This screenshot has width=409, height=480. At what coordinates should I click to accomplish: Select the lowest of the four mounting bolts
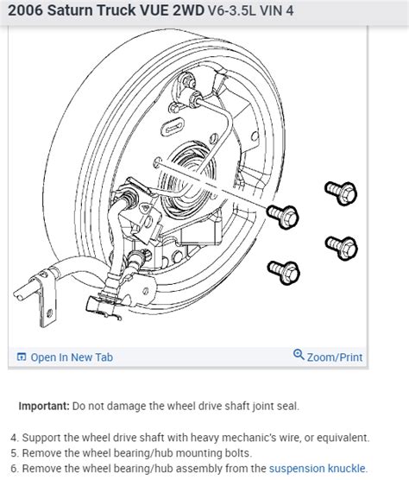pyautogui.click(x=283, y=272)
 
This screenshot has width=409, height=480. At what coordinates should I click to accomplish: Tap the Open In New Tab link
pyautogui.click(x=71, y=357)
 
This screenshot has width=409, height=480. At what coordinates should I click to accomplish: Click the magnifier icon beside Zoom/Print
pyautogui.click(x=299, y=356)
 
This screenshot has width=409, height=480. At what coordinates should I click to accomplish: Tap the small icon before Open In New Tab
pyautogui.click(x=22, y=357)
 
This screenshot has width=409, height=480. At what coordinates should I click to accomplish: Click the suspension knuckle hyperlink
pyautogui.click(x=318, y=469)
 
